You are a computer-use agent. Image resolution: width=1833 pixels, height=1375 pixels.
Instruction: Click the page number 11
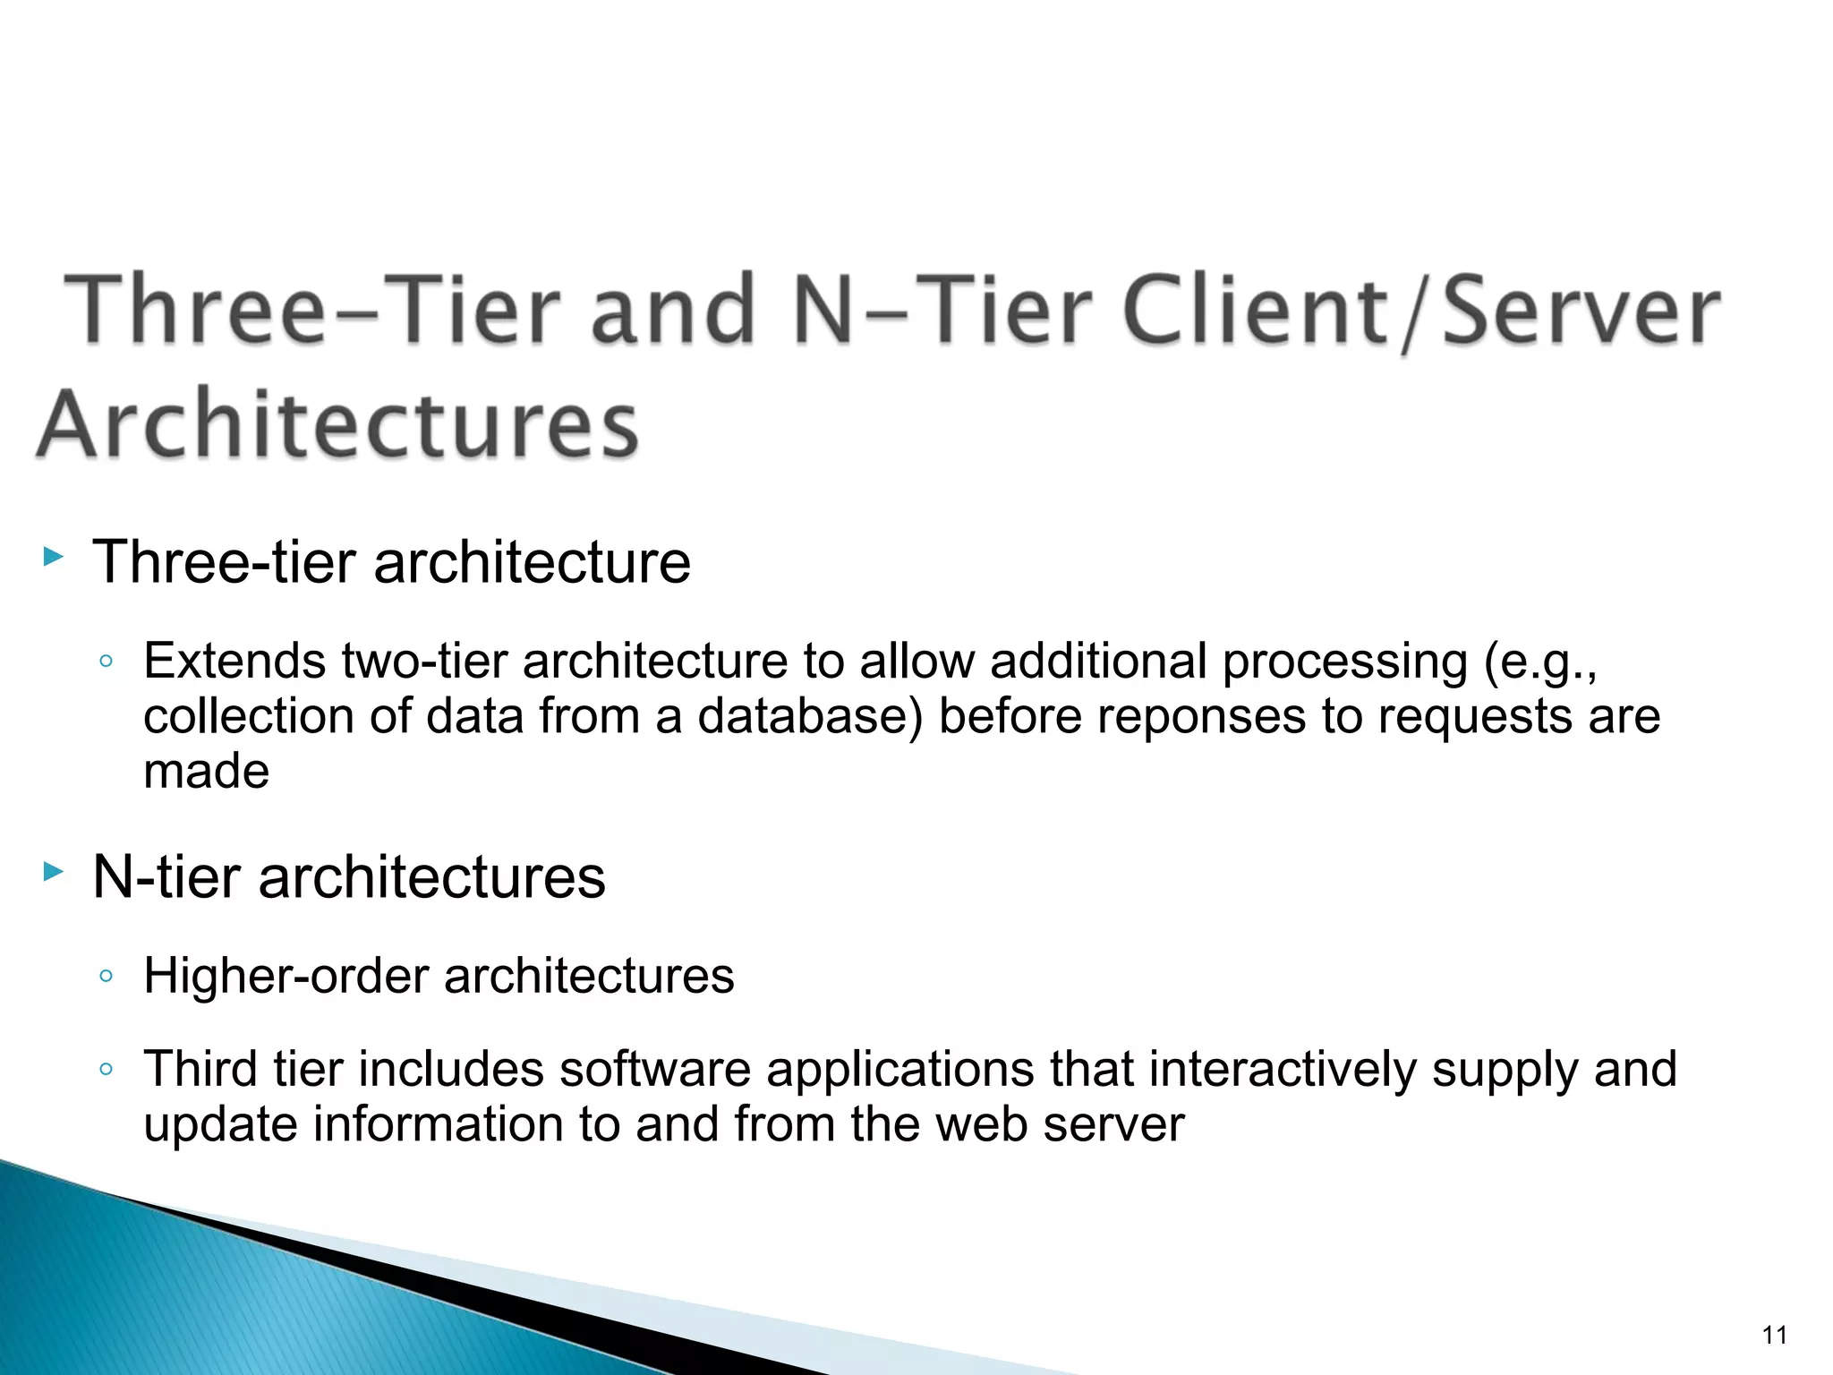1774,1336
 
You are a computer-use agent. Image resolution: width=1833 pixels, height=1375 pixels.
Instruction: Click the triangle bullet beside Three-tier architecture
54,559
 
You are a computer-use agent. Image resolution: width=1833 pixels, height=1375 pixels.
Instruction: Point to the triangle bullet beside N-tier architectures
54,871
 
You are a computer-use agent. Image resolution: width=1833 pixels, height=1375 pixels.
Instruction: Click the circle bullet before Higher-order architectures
106,976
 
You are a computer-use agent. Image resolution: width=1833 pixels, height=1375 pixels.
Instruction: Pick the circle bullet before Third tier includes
106,1069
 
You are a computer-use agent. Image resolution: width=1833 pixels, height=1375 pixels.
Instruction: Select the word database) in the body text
810,716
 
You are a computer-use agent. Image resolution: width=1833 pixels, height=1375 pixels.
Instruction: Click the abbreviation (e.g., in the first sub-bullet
1539,662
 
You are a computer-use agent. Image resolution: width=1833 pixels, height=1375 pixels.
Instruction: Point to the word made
206,772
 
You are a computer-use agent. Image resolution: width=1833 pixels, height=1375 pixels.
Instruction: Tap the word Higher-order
286,976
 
